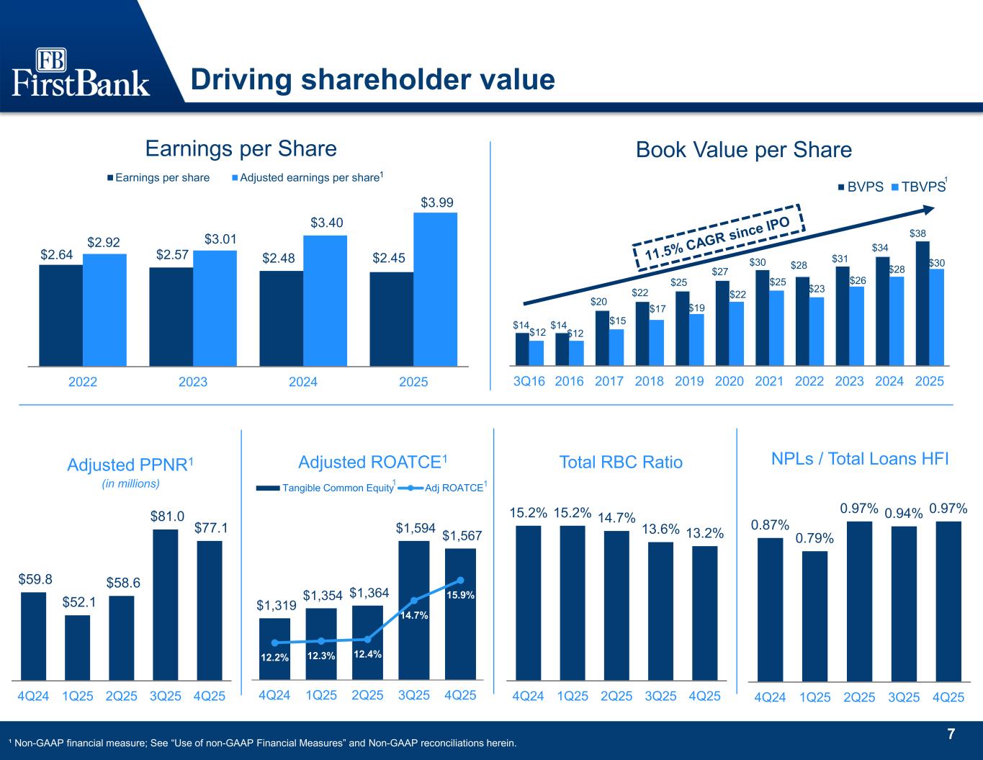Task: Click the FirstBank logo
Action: [81, 72]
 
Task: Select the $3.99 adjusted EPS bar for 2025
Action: [435, 288]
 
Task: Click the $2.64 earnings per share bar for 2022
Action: [60, 315]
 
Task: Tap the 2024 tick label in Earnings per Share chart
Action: [303, 382]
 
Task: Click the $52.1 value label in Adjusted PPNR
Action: [77, 600]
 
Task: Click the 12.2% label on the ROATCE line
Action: [274, 657]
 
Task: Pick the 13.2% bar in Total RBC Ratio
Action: [705, 612]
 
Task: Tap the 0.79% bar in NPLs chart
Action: [814, 615]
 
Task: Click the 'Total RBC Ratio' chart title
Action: [621, 462]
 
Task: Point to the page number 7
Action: [951, 735]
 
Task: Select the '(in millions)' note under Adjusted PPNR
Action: [130, 483]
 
